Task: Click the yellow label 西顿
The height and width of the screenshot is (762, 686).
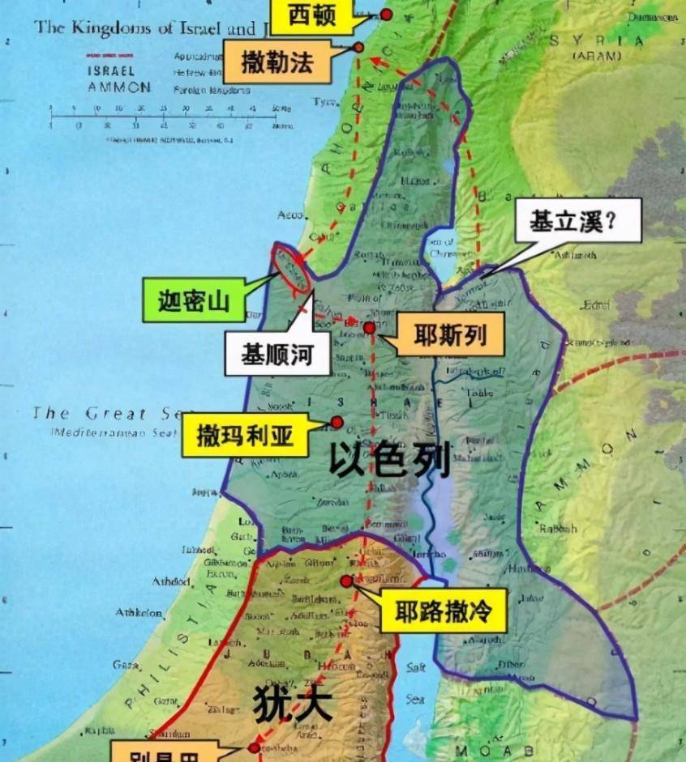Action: (311, 15)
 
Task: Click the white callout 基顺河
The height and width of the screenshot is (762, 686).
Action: (277, 353)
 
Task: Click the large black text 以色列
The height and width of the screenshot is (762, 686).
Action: (389, 461)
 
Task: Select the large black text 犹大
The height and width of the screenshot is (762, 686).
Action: (293, 703)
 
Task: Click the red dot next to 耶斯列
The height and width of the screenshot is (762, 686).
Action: (370, 328)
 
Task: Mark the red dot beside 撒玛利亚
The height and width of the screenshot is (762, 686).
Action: (336, 422)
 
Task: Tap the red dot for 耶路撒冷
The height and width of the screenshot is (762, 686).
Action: (346, 581)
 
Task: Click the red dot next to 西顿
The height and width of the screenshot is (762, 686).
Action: (386, 14)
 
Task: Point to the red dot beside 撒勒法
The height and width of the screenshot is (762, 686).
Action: (358, 48)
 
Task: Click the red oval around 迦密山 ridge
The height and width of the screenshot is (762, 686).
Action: (293, 266)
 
